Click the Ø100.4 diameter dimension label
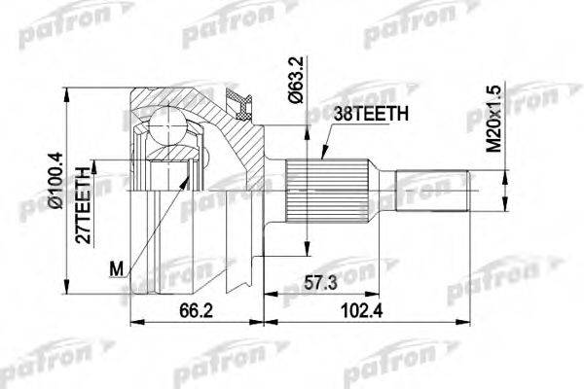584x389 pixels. click(x=58, y=181)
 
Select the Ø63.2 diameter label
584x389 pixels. click(x=297, y=80)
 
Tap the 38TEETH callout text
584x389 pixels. click(x=371, y=114)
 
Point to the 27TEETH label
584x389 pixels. click(x=83, y=205)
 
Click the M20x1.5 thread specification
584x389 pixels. click(x=495, y=119)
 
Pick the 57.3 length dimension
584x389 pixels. click(x=320, y=283)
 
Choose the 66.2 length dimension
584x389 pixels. click(x=196, y=311)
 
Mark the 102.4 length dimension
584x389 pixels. click(x=362, y=311)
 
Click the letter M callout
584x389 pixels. click(x=116, y=268)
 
